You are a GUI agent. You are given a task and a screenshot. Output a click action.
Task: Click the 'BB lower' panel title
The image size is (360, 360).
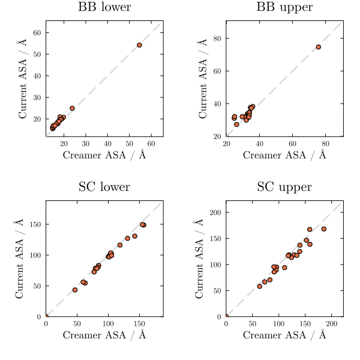click(x=104, y=8)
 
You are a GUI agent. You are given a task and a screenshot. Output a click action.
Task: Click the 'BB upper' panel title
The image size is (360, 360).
click(x=284, y=8)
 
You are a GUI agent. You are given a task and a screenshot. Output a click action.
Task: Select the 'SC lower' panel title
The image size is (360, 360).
click(x=104, y=187)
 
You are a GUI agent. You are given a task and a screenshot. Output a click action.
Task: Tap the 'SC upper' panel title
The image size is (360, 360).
click(x=284, y=187)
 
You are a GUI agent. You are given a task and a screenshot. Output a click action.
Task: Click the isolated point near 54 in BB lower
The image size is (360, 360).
click(x=139, y=45)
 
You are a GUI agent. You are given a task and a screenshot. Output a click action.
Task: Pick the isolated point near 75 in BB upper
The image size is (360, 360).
click(x=318, y=47)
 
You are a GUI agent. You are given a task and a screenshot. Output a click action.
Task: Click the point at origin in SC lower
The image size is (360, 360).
click(x=46, y=316)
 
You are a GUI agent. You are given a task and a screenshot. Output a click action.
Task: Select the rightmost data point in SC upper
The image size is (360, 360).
click(x=323, y=229)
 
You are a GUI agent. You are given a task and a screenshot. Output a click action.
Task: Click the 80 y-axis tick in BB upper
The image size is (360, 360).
click(x=217, y=38)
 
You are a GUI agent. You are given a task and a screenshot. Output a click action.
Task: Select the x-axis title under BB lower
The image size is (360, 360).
click(x=104, y=155)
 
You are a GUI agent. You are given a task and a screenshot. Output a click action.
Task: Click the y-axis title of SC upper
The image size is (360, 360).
click(x=200, y=259)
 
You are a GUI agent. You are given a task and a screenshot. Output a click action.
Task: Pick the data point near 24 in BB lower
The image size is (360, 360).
click(x=72, y=109)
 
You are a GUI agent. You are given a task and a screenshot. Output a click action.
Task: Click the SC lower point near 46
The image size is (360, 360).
click(x=75, y=290)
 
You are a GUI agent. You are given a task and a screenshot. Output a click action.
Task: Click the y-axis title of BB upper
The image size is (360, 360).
click(x=202, y=79)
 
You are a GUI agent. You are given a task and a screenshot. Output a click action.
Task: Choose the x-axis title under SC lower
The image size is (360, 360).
click(x=104, y=335)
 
